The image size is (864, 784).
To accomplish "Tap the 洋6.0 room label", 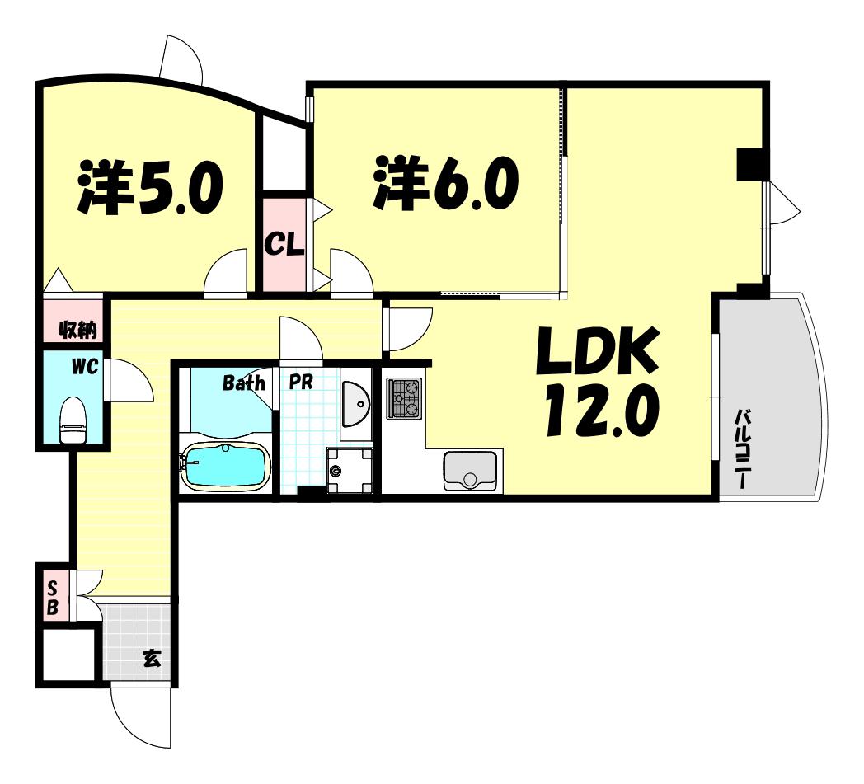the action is (445, 182).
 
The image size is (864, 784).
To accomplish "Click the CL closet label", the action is (284, 244).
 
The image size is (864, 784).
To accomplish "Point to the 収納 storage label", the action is (77, 330).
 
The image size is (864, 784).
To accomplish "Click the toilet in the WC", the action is (73, 420).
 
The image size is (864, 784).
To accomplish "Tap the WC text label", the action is (84, 366).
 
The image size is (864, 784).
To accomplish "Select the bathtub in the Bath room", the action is (225, 466).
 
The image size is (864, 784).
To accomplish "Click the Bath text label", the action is (243, 383).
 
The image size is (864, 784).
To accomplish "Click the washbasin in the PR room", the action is (355, 404).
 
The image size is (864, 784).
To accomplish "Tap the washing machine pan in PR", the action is (350, 471).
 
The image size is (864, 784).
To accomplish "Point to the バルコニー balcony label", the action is (743, 448).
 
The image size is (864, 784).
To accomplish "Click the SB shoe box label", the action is (52, 598).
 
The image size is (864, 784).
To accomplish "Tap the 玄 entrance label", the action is (152, 659).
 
